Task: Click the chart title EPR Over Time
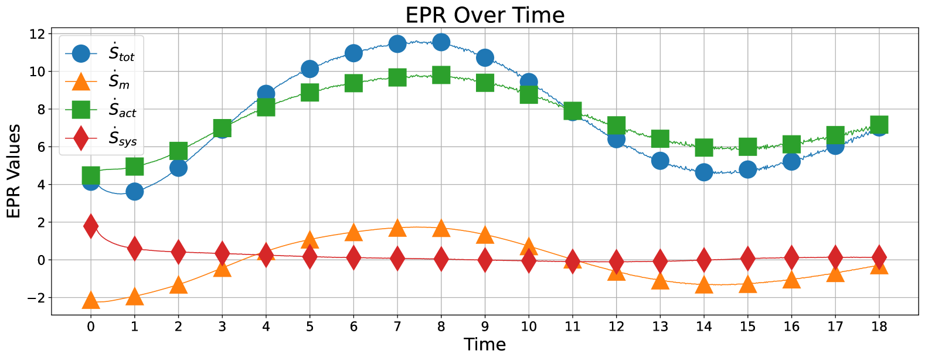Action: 485,15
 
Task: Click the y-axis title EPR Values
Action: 13,171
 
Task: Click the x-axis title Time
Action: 484,345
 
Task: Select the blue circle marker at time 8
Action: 441,42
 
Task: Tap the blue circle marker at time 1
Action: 134,191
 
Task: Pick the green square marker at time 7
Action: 397,77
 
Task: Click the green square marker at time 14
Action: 704,147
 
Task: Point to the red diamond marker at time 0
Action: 91,226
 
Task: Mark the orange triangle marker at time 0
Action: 91,301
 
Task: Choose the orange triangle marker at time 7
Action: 397,228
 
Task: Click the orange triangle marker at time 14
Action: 704,285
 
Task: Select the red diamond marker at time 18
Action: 879,257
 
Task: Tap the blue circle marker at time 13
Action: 660,161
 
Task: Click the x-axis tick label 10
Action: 529,327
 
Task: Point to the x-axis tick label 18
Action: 879,327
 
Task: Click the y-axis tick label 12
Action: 37,34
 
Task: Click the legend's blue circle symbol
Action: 81,54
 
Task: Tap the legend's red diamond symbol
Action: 81,138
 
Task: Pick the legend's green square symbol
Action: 81,110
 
